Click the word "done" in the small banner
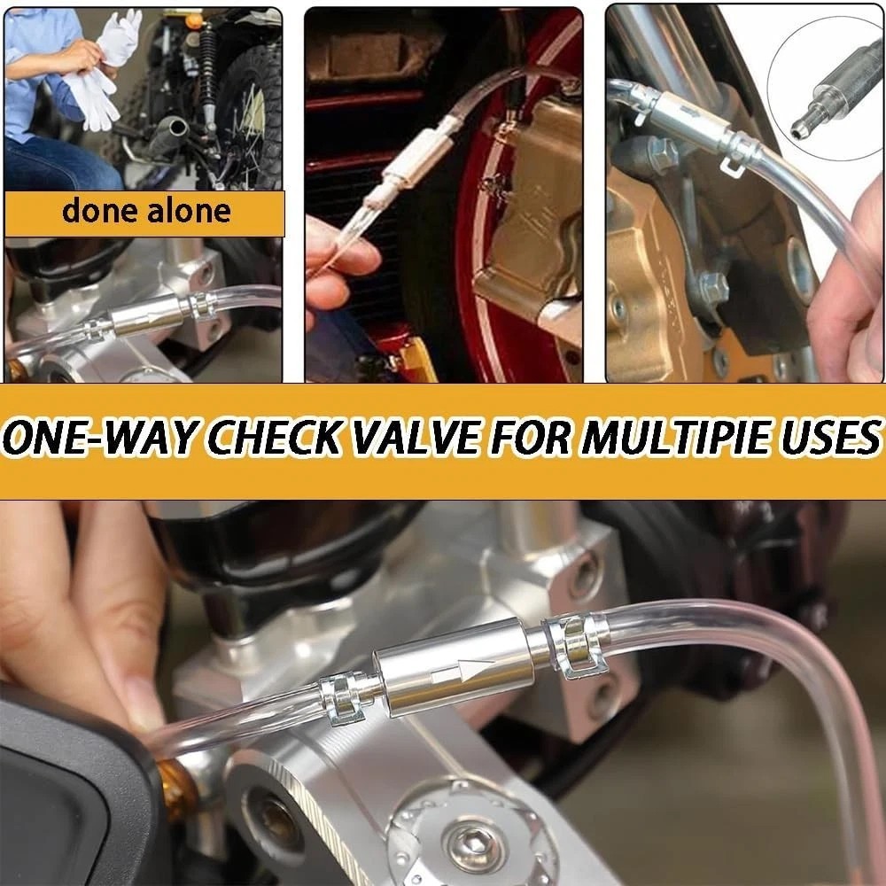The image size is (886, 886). pyautogui.click(x=99, y=210)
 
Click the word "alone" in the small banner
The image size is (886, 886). pyautogui.click(x=189, y=210)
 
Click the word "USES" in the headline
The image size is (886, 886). pyautogui.click(x=830, y=438)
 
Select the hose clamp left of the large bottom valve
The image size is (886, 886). pyautogui.click(x=342, y=698)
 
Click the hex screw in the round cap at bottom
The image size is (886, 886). pyautogui.click(x=473, y=846)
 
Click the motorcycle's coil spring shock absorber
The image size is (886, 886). pyautogui.click(x=208, y=68)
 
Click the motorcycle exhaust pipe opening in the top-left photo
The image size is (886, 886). pyautogui.click(x=177, y=127)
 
